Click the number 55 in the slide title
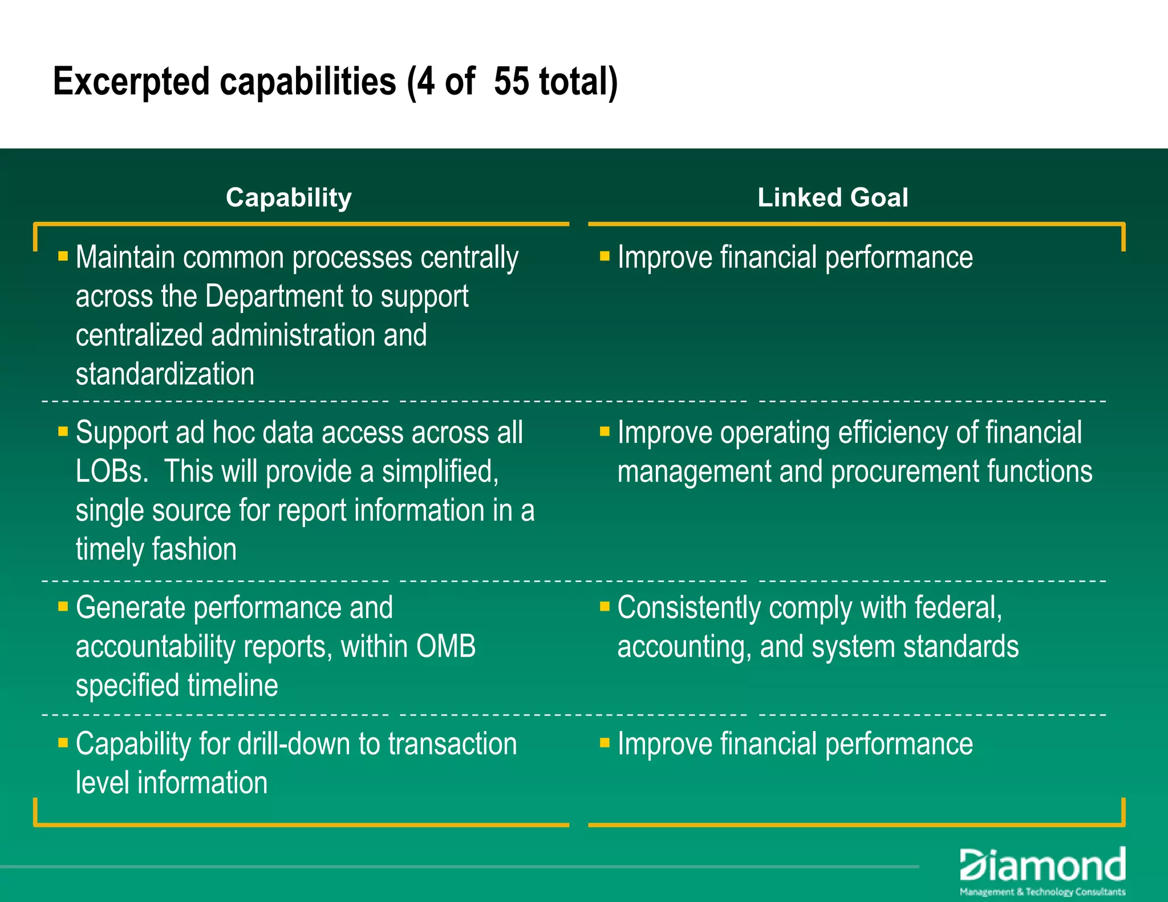coord(511,82)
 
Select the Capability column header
coord(289,198)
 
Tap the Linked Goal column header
coord(833,198)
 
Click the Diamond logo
coord(1042,866)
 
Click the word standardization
coord(165,374)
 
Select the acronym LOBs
coord(112,472)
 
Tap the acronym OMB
coord(446,647)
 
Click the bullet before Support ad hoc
coord(63,431)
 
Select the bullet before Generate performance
coord(63,606)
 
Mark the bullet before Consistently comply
coord(605,606)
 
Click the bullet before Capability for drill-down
coord(63,742)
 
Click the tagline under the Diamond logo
coord(1043,892)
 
